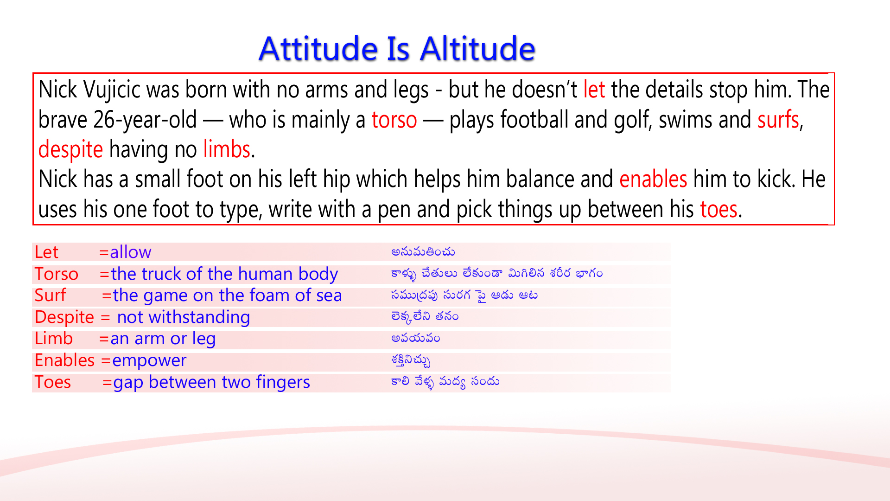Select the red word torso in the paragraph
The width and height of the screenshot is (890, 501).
394,120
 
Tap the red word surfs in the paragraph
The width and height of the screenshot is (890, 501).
778,120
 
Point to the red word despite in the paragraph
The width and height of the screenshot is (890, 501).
70,150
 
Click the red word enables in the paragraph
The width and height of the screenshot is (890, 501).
653,180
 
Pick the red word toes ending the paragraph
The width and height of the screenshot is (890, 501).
718,210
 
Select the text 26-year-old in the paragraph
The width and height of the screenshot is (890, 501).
145,120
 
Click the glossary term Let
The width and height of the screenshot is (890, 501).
46,252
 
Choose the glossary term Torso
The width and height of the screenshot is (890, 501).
56,274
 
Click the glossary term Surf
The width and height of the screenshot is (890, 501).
50,295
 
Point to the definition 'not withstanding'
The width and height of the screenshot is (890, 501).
183,317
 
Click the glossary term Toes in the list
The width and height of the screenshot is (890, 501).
52,382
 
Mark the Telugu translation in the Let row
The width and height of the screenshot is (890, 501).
423,252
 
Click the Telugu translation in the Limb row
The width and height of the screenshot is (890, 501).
415,339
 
